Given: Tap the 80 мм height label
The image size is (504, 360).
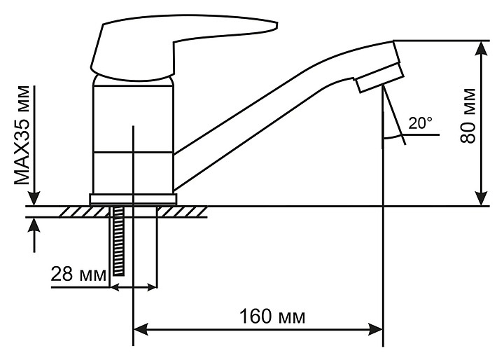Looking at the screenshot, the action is click(x=468, y=116).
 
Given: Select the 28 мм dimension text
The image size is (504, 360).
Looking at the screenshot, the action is click(x=78, y=274).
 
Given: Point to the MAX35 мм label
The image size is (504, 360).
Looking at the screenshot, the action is click(x=22, y=135).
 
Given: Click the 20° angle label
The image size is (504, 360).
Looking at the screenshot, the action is click(x=421, y=123).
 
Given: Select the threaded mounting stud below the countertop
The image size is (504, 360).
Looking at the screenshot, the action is click(x=118, y=242).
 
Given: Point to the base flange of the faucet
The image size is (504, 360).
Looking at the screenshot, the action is click(x=133, y=199).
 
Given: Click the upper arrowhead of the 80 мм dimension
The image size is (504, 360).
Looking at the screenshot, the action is click(x=482, y=49).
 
